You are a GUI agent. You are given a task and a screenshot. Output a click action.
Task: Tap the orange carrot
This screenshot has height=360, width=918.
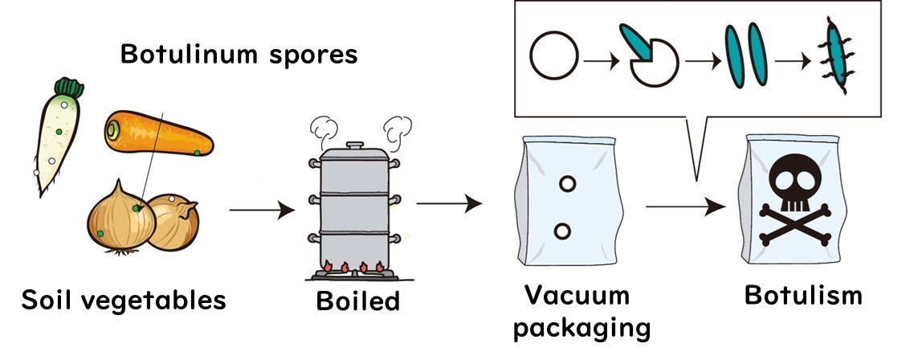pyautogui.click(x=158, y=135)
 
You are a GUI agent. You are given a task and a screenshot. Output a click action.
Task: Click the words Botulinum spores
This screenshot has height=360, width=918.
pyautogui.click(x=238, y=55)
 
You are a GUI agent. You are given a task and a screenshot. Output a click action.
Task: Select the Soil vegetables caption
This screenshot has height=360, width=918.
pyautogui.click(x=124, y=301)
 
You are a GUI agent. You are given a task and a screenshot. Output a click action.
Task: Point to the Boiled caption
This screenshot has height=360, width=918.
pyautogui.click(x=357, y=301)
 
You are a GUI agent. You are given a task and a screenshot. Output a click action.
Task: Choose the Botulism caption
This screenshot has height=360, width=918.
pyautogui.click(x=803, y=295)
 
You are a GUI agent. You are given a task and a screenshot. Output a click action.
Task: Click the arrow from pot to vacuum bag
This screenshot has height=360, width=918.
pyautogui.click(x=449, y=203)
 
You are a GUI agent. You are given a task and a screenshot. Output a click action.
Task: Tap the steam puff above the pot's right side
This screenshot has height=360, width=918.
pyautogui.click(x=398, y=126)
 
